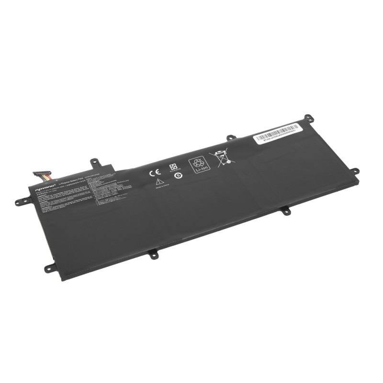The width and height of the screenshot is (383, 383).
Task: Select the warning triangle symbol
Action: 158,182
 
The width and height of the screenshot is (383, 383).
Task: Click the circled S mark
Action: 178,175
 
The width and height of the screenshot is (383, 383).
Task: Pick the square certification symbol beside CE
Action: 173,167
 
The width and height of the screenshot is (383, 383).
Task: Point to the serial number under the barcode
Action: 278,136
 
